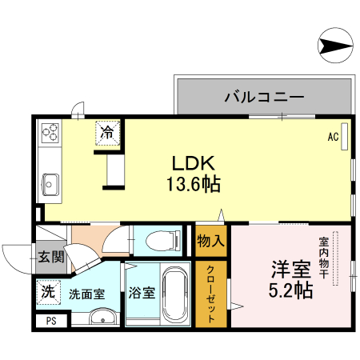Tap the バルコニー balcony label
tap(263, 97)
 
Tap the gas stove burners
tap(50, 131)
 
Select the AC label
tap(333, 136)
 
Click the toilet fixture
tap(162, 239)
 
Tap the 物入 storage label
tap(210, 240)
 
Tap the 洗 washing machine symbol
tap(48, 292)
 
